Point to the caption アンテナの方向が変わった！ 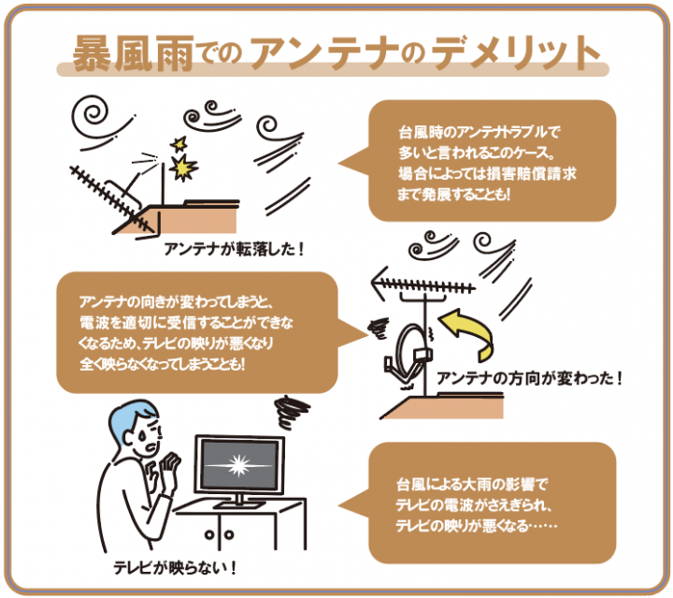click(529, 380)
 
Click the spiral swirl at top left click(95, 117)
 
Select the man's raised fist click(170, 468)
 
